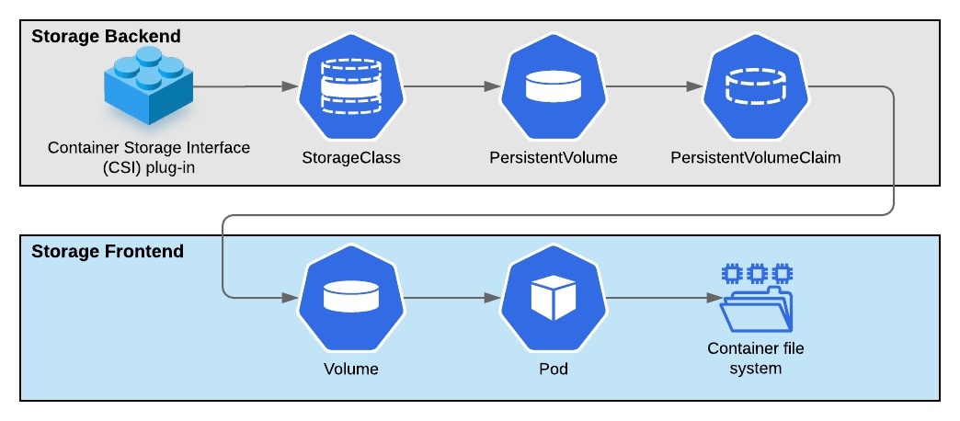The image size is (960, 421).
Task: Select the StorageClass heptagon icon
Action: tap(350, 87)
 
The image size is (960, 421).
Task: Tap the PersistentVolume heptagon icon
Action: tap(553, 87)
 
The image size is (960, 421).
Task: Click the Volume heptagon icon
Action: tap(350, 298)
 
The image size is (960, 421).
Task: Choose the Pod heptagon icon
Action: tap(553, 298)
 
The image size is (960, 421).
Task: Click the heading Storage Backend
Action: tap(106, 37)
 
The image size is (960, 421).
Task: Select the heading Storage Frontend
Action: tap(108, 251)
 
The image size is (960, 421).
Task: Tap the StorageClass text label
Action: tap(350, 157)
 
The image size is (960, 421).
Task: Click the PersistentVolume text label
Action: tap(553, 157)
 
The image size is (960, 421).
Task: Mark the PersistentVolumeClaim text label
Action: tap(755, 157)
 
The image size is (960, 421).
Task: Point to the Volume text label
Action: tap(350, 370)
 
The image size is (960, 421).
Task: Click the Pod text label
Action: tap(553, 370)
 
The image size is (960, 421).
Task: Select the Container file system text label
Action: tap(755, 358)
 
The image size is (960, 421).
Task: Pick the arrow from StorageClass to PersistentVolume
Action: tap(451, 87)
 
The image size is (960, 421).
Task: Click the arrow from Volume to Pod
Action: tap(451, 298)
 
